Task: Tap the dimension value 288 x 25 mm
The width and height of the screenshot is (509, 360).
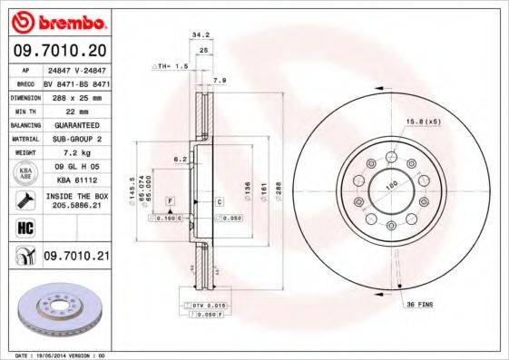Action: pyautogui.click(x=75, y=95)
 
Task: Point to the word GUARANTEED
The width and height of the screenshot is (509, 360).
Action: pyautogui.click(x=75, y=124)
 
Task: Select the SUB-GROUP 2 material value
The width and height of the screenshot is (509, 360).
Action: pyautogui.click(x=75, y=140)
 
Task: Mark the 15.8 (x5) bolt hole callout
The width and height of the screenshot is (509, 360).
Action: pyautogui.click(x=424, y=121)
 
